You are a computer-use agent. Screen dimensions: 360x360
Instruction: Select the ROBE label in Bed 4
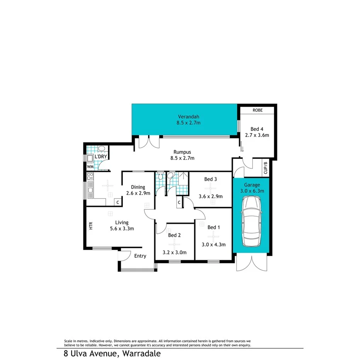(x=257, y=110)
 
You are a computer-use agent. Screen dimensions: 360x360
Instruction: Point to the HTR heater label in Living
(x=91, y=226)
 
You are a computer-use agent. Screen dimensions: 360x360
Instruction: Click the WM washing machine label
(x=90, y=166)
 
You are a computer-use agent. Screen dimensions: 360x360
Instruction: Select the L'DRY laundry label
(x=101, y=156)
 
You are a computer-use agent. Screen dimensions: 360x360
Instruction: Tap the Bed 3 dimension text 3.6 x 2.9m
(x=211, y=196)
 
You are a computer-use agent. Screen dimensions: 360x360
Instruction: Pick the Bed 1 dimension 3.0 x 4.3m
(x=214, y=244)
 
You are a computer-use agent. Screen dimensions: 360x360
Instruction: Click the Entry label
(x=140, y=256)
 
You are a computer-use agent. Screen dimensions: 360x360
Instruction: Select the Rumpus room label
(x=182, y=152)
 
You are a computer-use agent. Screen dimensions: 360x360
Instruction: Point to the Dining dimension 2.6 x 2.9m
(x=138, y=194)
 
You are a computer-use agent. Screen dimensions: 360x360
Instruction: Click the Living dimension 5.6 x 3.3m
(x=122, y=228)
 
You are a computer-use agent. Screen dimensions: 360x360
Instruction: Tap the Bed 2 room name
(x=175, y=235)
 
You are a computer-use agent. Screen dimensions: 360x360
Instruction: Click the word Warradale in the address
(x=141, y=353)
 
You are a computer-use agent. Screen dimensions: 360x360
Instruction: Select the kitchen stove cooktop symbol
(x=90, y=177)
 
